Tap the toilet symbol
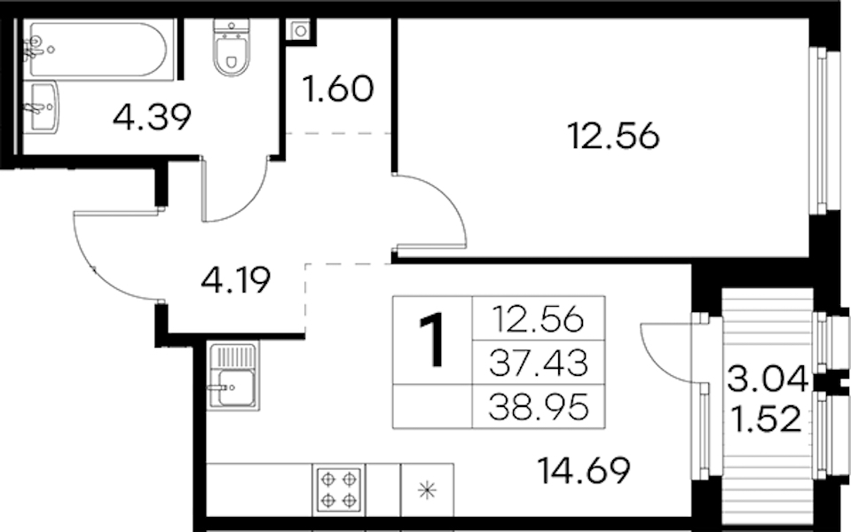pyautogui.click(x=232, y=47)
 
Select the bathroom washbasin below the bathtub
pyautogui.click(x=43, y=106)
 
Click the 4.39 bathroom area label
pyautogui.click(x=153, y=117)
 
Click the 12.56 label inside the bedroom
pyautogui.click(x=614, y=136)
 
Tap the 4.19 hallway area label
pyautogui.click(x=235, y=280)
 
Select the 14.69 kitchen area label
pyautogui.click(x=584, y=470)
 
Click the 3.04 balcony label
pyautogui.click(x=768, y=379)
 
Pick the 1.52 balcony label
pyautogui.click(x=766, y=419)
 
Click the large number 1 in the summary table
pyautogui.click(x=432, y=341)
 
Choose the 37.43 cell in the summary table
pyautogui.click(x=539, y=363)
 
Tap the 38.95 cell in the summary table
pyautogui.click(x=539, y=407)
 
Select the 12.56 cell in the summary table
pyautogui.click(x=538, y=319)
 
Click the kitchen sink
pyautogui.click(x=232, y=375)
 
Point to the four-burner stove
pyautogui.click(x=338, y=489)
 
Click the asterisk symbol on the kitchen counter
pyautogui.click(x=428, y=490)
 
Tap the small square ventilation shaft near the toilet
pyautogui.click(x=301, y=31)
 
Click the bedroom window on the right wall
pyautogui.click(x=818, y=130)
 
